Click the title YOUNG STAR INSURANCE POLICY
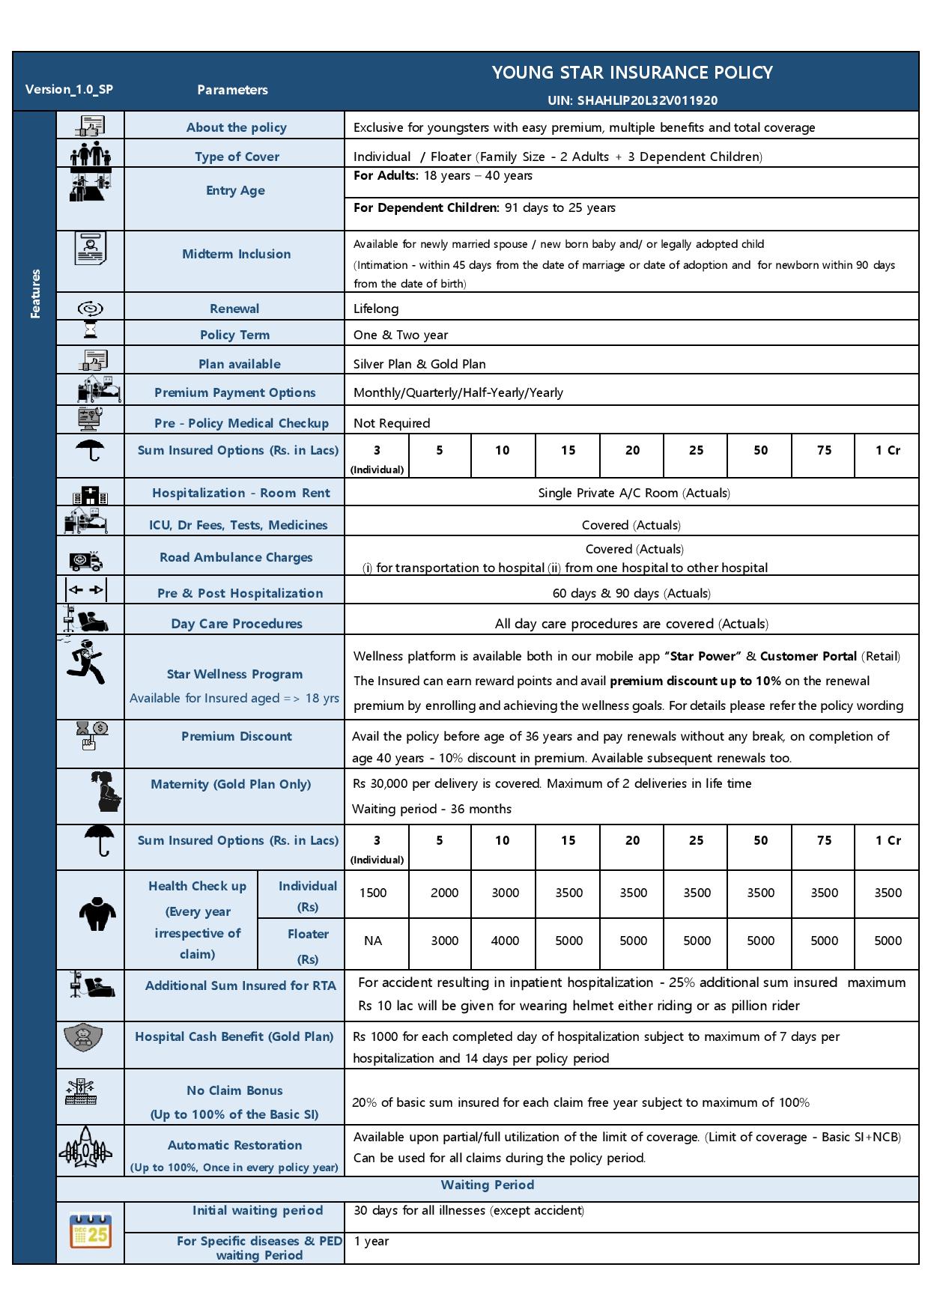pyautogui.click(x=631, y=73)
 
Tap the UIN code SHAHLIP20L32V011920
pyautogui.click(x=631, y=100)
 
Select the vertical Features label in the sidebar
pyautogui.click(x=34, y=294)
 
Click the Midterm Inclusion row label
pyautogui.click(x=236, y=254)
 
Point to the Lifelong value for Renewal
pyautogui.click(x=376, y=309)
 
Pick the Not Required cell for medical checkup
pyautogui.click(x=392, y=423)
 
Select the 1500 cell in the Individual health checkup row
pyautogui.click(x=373, y=893)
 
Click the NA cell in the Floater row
pyautogui.click(x=373, y=941)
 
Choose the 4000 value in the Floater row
pyautogui.click(x=505, y=941)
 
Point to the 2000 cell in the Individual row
pyautogui.click(x=444, y=893)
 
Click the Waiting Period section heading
pyautogui.click(x=487, y=1185)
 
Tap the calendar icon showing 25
pyautogui.click(x=91, y=1230)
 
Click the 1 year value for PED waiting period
pyautogui.click(x=372, y=1241)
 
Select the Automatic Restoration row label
pyautogui.click(x=234, y=1145)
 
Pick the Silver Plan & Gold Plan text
pyautogui.click(x=419, y=364)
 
